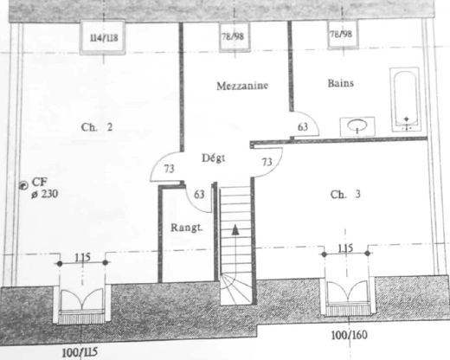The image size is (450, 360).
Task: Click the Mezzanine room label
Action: tap(242, 86)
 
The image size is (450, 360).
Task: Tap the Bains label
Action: tap(341, 83)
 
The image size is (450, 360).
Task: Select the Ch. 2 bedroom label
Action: tap(97, 127)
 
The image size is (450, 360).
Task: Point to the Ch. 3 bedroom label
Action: tap(345, 195)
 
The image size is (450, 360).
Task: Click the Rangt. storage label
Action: tap(187, 228)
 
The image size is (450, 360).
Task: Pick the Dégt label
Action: tap(214, 158)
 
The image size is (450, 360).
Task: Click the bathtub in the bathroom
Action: tap(405, 100)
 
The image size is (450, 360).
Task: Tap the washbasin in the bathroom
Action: tap(357, 126)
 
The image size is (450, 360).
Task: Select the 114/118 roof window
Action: tap(103, 37)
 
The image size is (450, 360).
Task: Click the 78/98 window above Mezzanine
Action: tap(235, 36)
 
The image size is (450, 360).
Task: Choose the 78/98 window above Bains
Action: tap(343, 34)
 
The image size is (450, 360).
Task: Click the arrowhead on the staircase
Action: tap(235, 229)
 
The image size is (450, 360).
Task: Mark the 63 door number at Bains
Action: tap(303, 127)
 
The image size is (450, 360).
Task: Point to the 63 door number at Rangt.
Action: tap(199, 195)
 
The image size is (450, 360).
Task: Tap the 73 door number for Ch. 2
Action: tap(170, 169)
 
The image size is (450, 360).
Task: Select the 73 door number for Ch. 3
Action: tap(267, 162)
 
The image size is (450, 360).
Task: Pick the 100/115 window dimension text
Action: tap(80, 352)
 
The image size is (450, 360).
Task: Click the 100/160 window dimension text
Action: tap(350, 335)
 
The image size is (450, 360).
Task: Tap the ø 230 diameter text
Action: tap(45, 194)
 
